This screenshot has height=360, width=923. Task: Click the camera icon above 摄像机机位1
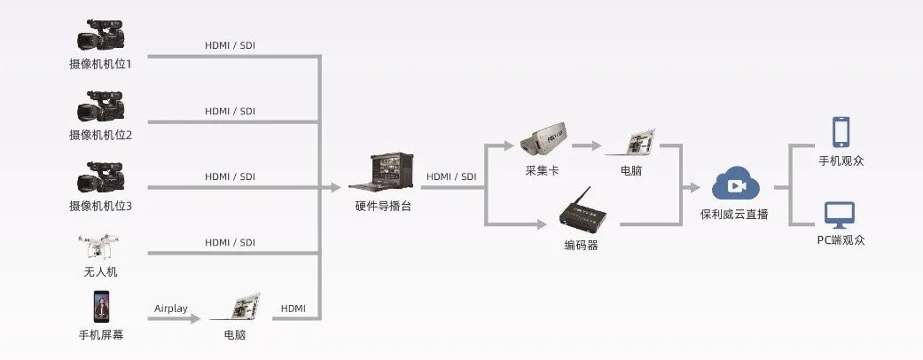click(99, 35)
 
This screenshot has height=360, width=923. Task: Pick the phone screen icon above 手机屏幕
click(99, 307)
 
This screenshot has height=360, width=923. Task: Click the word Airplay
click(171, 308)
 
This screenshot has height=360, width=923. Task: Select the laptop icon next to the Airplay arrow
click(235, 307)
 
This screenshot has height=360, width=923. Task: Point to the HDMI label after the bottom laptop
click(293, 308)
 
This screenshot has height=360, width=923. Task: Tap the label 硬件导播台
click(382, 206)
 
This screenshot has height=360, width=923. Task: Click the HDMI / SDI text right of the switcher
click(451, 176)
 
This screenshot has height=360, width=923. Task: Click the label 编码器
click(581, 245)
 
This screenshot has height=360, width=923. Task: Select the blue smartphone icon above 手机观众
click(841, 132)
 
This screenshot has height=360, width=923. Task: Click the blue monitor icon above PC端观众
click(840, 215)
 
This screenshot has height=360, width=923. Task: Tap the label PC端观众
click(841, 239)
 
